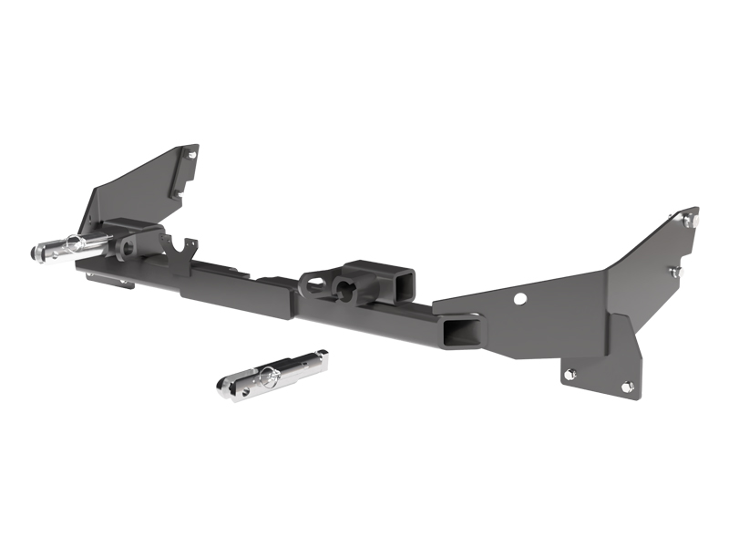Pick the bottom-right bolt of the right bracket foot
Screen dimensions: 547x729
pos(627,387)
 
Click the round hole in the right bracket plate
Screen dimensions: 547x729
pos(520,298)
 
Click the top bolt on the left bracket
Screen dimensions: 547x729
pos(192,155)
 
